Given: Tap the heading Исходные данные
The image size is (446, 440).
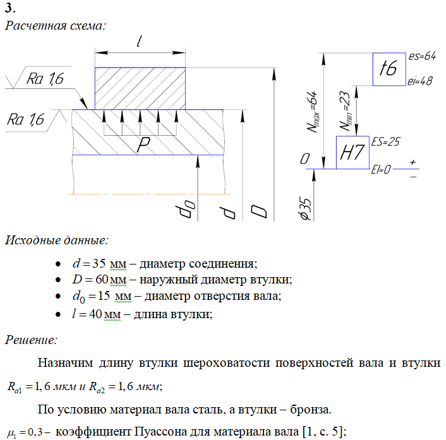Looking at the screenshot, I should [x=56, y=240].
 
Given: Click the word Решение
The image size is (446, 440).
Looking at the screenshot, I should [x=32, y=340].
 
